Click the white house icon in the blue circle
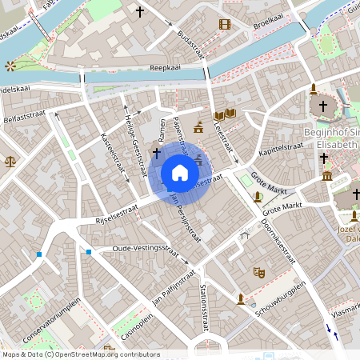(x=180, y=174)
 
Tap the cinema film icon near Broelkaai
(x=224, y=24)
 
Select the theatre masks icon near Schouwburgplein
(x=258, y=272)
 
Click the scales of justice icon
(x=10, y=160)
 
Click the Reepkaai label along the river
(x=164, y=70)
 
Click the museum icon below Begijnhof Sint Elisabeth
(x=326, y=174)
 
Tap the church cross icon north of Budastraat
(x=141, y=12)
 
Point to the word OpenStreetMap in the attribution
(x=90, y=354)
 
